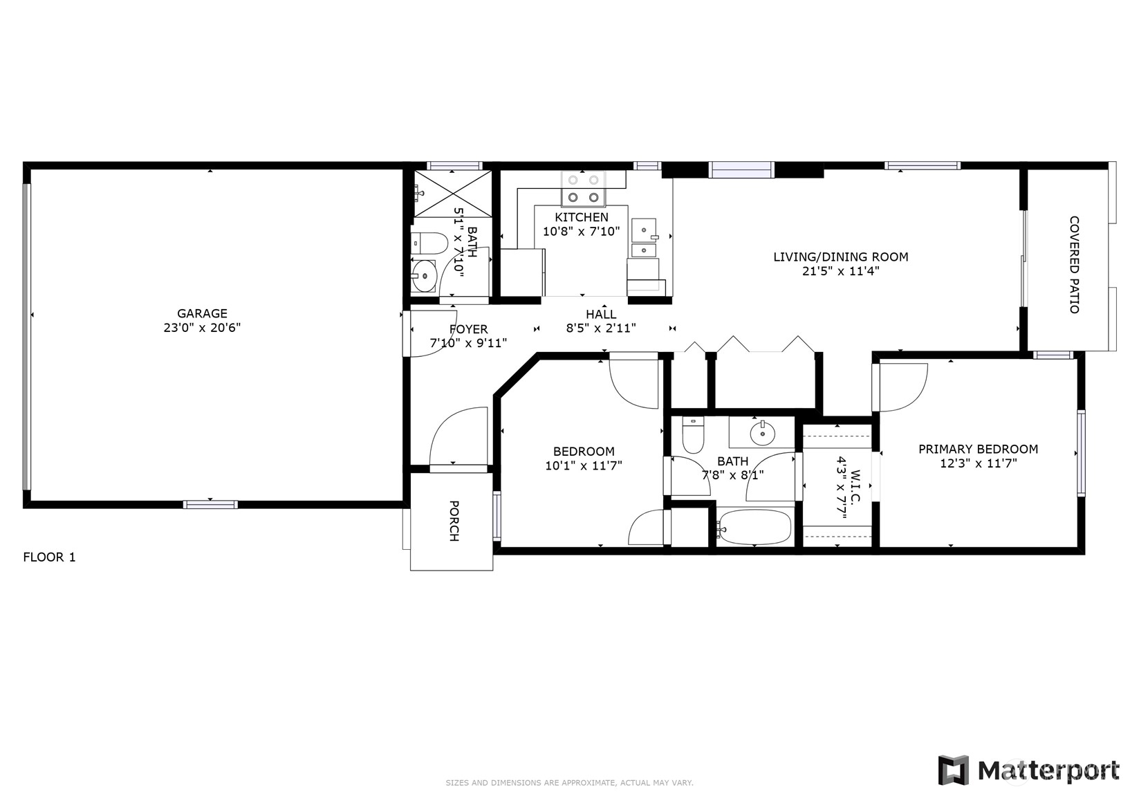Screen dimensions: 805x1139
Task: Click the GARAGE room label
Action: coord(202,313)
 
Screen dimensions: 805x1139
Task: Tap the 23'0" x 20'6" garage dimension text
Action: coord(202,328)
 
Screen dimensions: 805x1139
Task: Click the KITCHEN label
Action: coord(582,217)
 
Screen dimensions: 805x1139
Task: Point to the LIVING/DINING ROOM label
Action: coord(840,257)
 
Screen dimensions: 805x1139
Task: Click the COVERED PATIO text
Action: coord(1074,265)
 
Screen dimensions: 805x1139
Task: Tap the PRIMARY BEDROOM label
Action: coord(978,449)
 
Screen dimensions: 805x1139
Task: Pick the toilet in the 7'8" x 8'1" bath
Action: coord(692,434)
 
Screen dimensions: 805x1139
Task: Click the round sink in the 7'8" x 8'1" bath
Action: coord(763,434)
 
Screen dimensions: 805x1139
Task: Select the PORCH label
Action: coord(454,521)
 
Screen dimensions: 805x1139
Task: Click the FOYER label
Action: coord(468,329)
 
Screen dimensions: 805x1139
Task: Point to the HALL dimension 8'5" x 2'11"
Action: coord(601,329)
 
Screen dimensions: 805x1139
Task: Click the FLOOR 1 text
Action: coord(49,557)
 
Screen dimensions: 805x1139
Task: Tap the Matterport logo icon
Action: coord(953,770)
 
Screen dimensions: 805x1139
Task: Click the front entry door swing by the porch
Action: coord(459,437)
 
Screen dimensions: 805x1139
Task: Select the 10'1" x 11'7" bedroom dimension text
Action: coord(584,466)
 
